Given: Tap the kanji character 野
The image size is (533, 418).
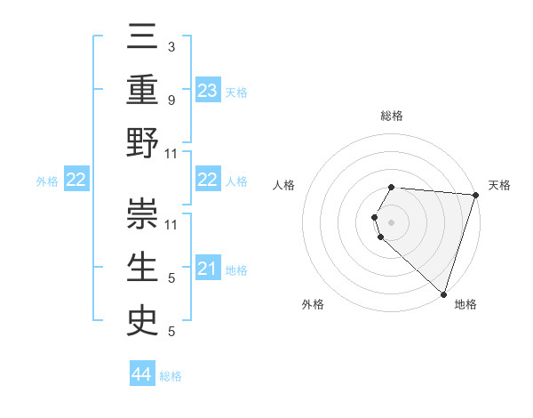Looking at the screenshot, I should click(143, 143).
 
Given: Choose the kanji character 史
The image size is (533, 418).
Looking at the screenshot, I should click(143, 318).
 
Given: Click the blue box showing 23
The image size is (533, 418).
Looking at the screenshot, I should click(208, 91).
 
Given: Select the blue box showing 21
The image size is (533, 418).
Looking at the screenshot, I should click(208, 269).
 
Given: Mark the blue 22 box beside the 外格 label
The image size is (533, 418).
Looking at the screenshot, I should click(76, 181).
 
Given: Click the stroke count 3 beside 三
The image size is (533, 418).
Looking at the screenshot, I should click(171, 45).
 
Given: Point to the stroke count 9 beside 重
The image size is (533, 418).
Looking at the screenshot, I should click(171, 100).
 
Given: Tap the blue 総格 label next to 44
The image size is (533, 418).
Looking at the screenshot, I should click(171, 376).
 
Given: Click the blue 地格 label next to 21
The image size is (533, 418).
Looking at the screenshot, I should click(236, 269).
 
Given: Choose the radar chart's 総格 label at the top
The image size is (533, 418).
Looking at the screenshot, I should click(392, 116).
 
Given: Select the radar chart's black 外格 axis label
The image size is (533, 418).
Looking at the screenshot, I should click(313, 304).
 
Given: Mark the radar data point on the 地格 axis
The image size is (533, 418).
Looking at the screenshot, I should click(443, 293).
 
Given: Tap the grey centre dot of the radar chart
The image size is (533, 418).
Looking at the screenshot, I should click(392, 221).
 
